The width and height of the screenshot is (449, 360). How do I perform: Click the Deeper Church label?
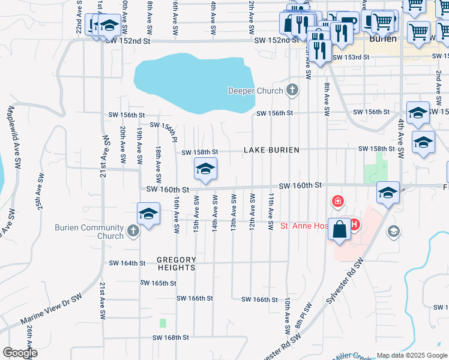coord(255,91)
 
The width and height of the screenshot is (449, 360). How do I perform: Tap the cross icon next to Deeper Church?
coord(292,91)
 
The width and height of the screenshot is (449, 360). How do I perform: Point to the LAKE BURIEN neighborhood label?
coord(271,150)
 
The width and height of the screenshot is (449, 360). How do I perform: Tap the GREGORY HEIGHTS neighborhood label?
coord(176,263)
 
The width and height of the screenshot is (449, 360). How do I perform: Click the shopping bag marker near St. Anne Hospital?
coord(340,230)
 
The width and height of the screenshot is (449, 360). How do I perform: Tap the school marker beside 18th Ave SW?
coord(148,214)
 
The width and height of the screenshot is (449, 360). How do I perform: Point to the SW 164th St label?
coord(127,263)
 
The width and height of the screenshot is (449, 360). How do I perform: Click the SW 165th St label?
coord(158,283)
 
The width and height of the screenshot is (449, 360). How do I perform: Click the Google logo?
coord(20,353)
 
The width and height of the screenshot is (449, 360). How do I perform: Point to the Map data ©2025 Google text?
coord(411,355)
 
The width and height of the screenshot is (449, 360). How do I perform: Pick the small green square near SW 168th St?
coord(163,323)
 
